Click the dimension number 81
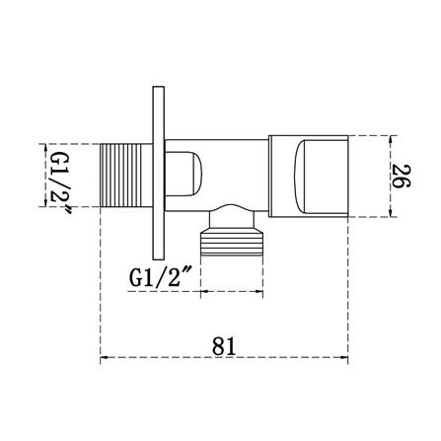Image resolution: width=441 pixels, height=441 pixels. tap(224, 346)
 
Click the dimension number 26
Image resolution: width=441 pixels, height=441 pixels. tap(401, 177)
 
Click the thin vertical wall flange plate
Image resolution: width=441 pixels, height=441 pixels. tap(159, 174)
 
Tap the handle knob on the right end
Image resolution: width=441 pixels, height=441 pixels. tap(308, 176)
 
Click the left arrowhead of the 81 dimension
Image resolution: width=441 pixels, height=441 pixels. tap(104, 357)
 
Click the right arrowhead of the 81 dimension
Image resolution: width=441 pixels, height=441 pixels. tap(344, 357)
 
